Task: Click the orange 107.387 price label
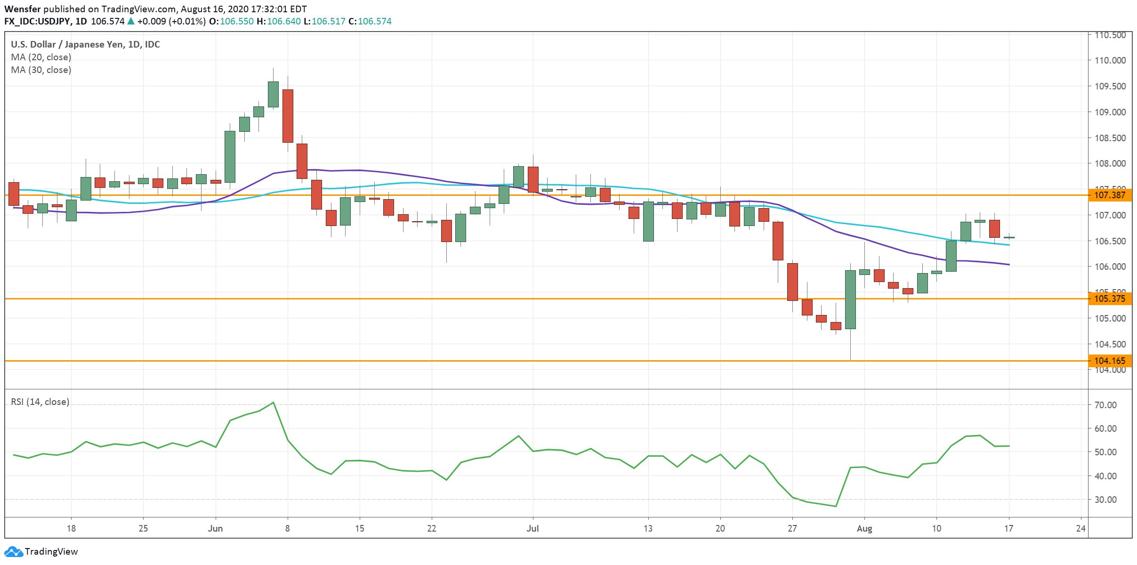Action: point(1110,195)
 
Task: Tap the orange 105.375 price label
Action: point(1110,299)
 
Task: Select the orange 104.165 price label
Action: point(1110,361)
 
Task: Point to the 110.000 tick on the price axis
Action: point(1110,60)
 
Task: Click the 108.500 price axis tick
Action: point(1110,138)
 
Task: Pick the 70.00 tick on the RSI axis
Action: point(1105,405)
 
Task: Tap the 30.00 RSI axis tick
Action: point(1105,500)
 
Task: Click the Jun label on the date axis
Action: point(215,528)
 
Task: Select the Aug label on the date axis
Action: point(864,528)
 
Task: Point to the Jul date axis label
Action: point(532,528)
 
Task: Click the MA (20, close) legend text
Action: point(41,57)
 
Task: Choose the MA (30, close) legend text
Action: point(41,70)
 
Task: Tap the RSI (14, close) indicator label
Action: point(40,402)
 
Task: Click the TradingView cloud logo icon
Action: point(13,551)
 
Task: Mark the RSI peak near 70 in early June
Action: point(273,403)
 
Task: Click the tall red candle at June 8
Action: point(288,116)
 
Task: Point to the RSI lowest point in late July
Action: point(836,506)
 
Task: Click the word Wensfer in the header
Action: point(22,9)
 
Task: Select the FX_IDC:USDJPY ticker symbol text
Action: point(38,21)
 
